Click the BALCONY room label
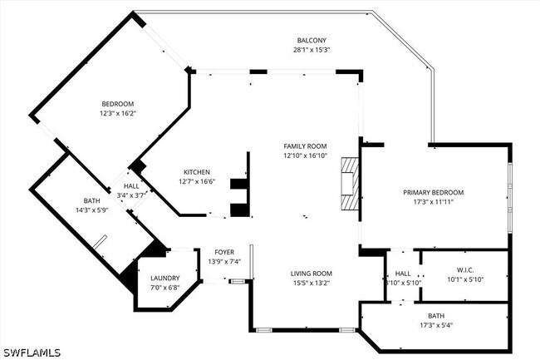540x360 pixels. pos(312,40)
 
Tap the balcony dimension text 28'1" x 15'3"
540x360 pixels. pos(312,50)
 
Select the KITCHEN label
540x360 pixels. pos(197,172)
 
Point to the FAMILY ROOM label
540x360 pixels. pos(305,146)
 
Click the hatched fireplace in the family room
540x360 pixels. pos(350,183)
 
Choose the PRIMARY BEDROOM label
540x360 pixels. pos(433,193)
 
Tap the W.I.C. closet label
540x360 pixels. pos(465,270)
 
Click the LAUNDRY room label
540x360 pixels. pos(165,279)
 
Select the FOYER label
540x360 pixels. pos(224,252)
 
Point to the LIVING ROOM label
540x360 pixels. pos(312,274)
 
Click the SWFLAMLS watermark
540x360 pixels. pos(32,353)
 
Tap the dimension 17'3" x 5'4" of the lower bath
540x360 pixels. pos(436,325)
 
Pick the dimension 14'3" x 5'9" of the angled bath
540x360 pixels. pos(92,210)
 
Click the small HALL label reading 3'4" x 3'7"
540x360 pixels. pos(131,195)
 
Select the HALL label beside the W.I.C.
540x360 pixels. pos(403,274)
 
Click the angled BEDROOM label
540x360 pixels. pos(117,104)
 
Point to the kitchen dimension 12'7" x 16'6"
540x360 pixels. pos(197,181)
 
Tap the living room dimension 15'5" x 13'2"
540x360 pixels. pos(312,283)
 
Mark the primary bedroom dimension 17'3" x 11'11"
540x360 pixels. pos(433,202)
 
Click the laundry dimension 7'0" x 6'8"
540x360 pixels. pos(165,288)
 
